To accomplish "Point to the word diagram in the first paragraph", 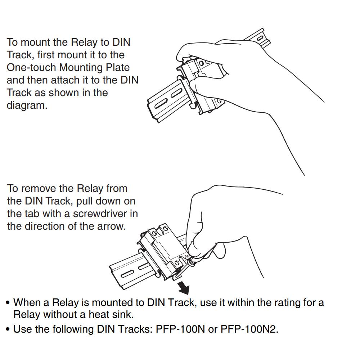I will point(27,105).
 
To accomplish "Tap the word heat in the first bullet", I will point(95,314).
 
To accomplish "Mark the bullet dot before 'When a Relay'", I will point(8,302).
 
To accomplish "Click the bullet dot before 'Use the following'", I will point(8,329).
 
